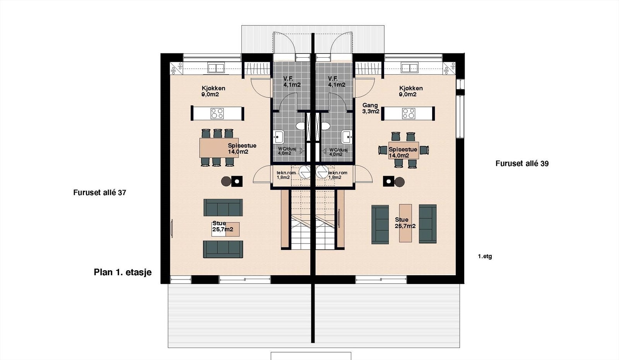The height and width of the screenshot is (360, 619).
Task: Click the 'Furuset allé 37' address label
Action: (x=99, y=192)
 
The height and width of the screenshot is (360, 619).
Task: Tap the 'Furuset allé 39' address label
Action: (x=522, y=163)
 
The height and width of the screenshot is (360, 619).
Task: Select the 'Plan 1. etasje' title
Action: (x=123, y=272)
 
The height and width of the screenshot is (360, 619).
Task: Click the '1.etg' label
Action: (x=485, y=256)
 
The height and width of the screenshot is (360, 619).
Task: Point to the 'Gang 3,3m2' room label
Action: (x=371, y=108)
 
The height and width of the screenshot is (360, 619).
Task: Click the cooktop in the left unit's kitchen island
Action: (x=217, y=113)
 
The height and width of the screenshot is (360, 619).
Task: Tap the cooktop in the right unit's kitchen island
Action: (x=409, y=113)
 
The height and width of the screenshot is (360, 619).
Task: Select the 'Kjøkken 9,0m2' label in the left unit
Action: (x=213, y=91)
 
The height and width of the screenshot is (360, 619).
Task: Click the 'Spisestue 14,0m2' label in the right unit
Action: (x=403, y=153)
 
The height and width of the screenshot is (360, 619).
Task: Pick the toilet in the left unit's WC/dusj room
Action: (x=300, y=126)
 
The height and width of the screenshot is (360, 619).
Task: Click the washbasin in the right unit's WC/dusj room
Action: (x=346, y=137)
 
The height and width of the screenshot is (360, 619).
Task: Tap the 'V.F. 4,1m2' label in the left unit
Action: (x=292, y=82)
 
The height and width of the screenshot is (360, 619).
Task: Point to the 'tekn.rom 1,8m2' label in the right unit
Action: (x=337, y=175)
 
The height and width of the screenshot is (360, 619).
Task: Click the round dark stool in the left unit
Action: (x=226, y=181)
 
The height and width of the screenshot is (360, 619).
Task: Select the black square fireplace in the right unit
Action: (x=388, y=181)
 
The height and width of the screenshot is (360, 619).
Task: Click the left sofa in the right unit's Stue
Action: (x=380, y=224)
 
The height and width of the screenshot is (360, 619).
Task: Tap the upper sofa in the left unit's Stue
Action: (x=223, y=207)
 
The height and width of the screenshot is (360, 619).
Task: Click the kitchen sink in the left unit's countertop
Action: (x=216, y=69)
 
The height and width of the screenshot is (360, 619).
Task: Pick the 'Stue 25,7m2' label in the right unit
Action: (x=405, y=223)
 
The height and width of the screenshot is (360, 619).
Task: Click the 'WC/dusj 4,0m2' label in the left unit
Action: (x=287, y=151)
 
